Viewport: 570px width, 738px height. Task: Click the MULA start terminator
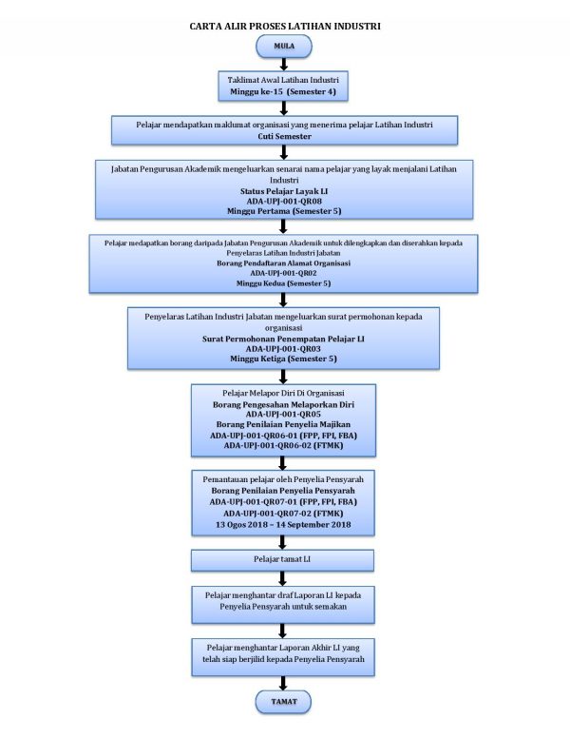284,46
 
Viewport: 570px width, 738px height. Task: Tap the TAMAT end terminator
284,702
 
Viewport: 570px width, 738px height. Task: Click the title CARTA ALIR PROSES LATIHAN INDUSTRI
285,27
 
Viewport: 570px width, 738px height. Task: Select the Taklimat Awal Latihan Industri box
283,86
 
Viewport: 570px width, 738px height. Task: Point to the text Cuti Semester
285,137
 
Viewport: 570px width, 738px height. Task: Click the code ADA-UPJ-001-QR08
284,202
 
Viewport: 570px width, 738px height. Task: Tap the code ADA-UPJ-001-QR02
283,273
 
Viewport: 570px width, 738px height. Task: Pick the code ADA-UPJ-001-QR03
283,349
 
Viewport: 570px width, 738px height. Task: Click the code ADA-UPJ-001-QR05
283,415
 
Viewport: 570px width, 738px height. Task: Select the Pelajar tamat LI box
282,560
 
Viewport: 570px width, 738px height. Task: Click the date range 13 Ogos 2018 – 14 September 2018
283,525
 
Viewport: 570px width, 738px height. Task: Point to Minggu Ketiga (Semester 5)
283,359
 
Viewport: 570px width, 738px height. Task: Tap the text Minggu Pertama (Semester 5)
284,211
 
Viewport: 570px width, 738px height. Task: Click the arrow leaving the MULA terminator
284,65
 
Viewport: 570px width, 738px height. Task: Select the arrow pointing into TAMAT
283,684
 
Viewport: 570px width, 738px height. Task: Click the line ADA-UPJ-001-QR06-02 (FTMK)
283,446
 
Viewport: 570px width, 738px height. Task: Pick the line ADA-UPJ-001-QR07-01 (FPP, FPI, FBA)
283,502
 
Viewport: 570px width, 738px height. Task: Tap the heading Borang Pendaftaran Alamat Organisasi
283,263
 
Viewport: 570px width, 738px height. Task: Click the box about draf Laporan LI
283,605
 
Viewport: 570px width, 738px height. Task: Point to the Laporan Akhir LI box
283,657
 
